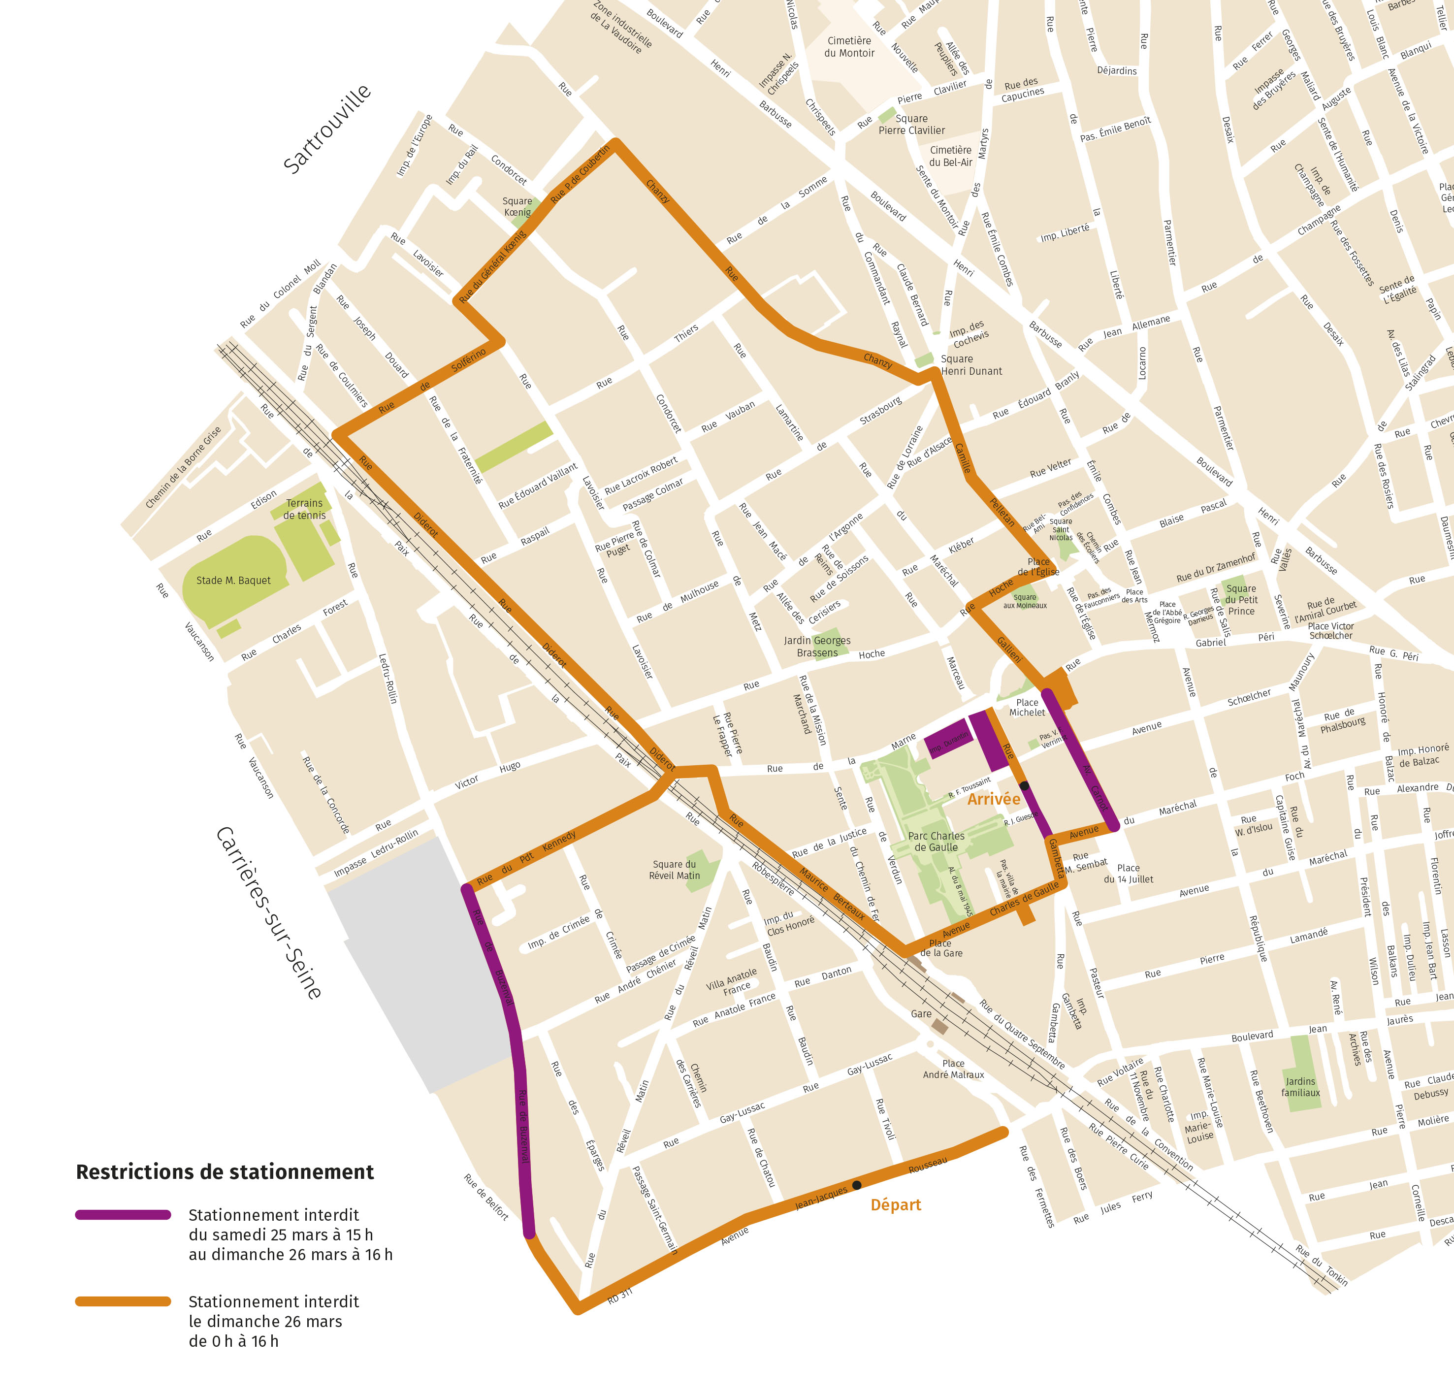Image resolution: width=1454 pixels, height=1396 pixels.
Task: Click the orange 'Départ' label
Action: click(x=896, y=1204)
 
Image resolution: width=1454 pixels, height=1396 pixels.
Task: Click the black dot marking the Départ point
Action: click(x=857, y=1185)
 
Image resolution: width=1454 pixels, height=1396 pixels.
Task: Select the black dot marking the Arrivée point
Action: click(x=1024, y=785)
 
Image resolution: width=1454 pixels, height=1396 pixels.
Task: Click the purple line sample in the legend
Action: click(x=123, y=1215)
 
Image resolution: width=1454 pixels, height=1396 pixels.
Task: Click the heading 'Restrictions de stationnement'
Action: click(x=225, y=1172)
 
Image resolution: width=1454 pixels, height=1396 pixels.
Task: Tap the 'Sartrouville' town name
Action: click(x=327, y=129)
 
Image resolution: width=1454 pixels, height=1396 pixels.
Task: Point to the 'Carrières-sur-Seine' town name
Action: click(x=268, y=913)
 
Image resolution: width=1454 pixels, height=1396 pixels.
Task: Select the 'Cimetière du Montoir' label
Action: click(x=849, y=47)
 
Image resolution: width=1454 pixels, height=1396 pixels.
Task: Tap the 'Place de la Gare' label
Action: click(x=940, y=948)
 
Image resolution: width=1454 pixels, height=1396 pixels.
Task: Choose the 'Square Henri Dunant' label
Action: click(x=970, y=365)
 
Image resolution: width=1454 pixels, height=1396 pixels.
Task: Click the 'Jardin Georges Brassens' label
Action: click(x=817, y=646)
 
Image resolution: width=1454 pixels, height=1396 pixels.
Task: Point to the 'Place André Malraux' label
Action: click(x=953, y=1069)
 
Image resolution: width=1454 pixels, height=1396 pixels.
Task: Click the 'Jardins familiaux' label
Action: click(x=1300, y=1087)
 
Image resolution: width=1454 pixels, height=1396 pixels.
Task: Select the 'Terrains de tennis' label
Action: click(x=304, y=509)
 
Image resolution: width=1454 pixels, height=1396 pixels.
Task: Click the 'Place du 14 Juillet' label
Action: click(x=1128, y=873)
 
